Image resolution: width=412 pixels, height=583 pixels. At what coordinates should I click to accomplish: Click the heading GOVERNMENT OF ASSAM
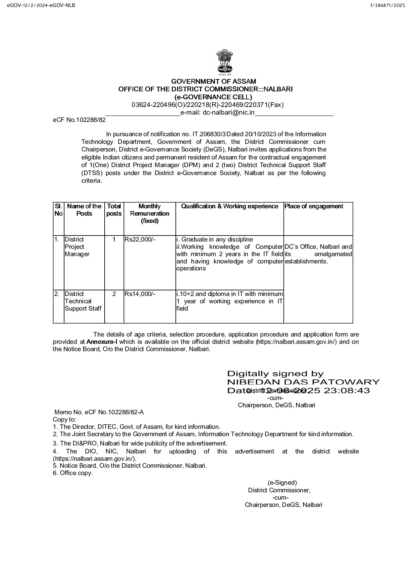coord(214,81)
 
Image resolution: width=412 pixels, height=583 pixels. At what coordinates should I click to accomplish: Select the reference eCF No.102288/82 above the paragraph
coord(79,120)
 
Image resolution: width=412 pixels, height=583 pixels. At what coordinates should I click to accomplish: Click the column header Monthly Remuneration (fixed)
coord(150,213)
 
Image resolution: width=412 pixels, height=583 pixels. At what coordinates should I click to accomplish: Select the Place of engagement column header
coord(314,206)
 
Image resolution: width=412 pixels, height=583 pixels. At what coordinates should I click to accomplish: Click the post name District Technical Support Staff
coord(83,301)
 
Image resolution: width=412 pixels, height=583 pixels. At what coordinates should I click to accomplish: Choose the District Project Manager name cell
coord(77,247)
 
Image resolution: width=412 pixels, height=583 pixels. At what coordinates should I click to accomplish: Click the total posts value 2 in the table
coord(114,294)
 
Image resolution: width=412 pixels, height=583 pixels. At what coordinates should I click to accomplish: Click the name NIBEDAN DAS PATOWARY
coord(303,382)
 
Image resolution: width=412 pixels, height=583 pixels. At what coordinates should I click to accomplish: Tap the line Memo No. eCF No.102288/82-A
coord(99,412)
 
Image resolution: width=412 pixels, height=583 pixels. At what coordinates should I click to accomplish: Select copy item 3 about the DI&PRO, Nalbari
coord(140,443)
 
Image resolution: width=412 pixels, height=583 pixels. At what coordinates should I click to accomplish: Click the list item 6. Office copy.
coord(73,473)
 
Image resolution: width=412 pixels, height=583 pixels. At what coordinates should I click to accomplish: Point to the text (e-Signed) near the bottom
coord(282,483)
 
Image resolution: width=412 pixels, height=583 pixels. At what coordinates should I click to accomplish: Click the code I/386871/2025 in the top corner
coord(388,6)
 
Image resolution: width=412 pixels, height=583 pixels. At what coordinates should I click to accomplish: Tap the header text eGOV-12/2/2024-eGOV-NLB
coord(39,6)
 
